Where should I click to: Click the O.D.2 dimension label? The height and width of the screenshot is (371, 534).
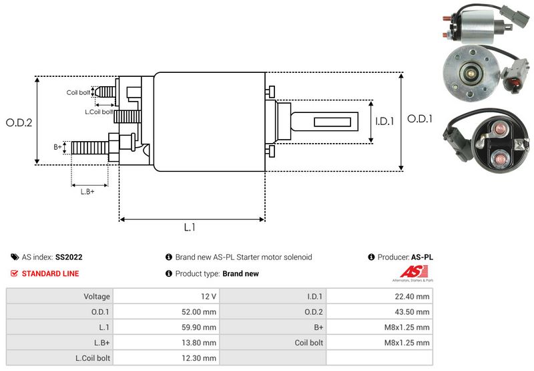[19, 122]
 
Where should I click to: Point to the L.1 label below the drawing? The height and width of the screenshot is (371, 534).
[190, 227]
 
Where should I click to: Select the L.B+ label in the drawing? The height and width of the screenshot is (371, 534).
[88, 192]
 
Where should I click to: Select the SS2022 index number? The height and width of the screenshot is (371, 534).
[69, 257]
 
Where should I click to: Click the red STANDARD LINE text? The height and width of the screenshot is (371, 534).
[50, 273]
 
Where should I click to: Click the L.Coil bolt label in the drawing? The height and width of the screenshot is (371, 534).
[97, 111]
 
